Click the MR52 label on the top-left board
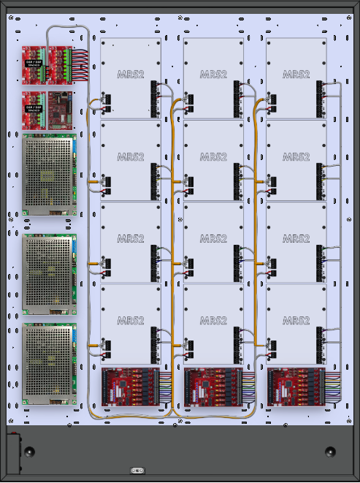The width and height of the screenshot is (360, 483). coord(131,75)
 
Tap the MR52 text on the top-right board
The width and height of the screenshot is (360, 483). coord(296,75)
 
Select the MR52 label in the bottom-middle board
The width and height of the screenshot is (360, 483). coord(213,321)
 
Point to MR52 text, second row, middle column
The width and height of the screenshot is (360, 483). coord(213,157)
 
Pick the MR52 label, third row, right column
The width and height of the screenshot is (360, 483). coord(296,239)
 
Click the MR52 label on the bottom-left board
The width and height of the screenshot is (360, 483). coord(131,321)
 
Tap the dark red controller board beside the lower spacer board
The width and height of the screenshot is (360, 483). coord(61,110)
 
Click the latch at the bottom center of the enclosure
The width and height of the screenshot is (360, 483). coord(135,470)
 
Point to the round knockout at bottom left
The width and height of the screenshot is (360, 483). coord(28,452)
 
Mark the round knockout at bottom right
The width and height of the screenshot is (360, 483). coord(330,452)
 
